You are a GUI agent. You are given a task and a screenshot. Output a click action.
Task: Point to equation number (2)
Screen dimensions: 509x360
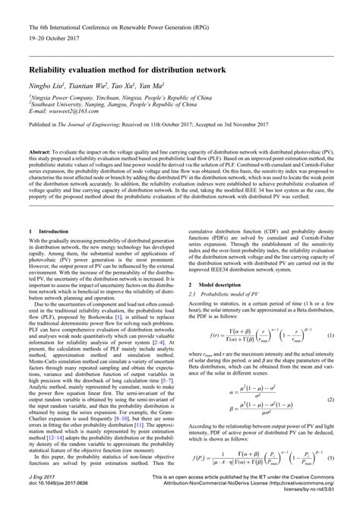point(332,399)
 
